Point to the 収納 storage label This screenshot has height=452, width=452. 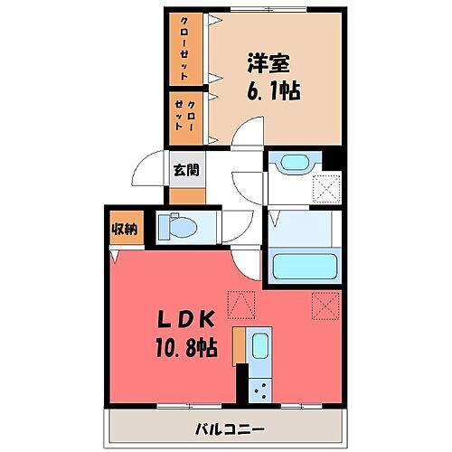coord(125,229)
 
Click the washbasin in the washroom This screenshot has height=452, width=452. coord(293,164)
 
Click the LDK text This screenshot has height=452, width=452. coord(187,320)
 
